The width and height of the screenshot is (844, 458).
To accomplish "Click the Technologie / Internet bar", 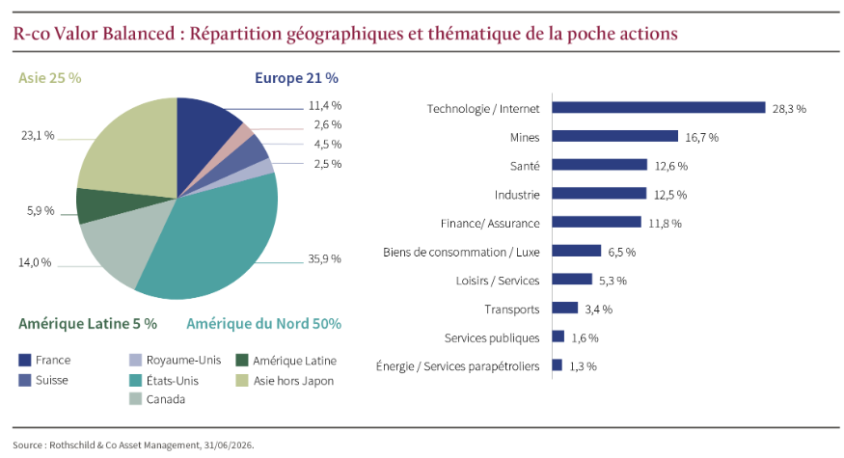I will tap(659, 108).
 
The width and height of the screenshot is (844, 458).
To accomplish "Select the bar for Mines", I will tap(615, 137).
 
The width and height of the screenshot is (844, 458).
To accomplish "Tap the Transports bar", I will tap(565, 309).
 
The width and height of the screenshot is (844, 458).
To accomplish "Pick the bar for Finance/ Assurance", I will tap(597, 223).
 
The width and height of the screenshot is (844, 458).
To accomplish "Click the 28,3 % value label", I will tap(789, 109).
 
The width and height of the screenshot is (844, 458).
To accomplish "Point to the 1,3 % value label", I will tap(583, 366).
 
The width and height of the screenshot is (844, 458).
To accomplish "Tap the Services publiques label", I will tap(492, 337).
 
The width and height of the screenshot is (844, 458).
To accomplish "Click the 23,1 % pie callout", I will tap(38, 136).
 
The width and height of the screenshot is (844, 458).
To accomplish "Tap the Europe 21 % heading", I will tap(296, 77).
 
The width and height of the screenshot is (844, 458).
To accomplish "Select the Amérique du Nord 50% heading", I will tap(263, 323).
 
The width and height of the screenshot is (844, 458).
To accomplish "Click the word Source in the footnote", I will tap(28, 445).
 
